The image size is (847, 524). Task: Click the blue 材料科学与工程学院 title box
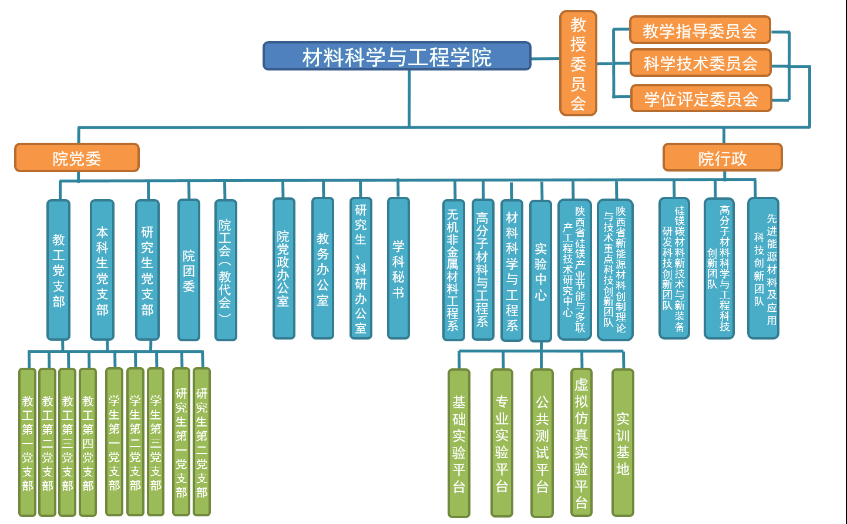[x=396, y=56]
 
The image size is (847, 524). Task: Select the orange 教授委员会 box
[x=578, y=63]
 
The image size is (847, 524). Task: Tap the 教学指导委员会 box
[x=700, y=30]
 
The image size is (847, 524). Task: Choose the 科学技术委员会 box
[x=700, y=63]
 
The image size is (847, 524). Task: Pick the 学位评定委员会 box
[x=701, y=99]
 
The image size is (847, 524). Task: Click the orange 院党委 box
[x=77, y=158]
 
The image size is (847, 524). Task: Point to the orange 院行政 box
[x=722, y=158]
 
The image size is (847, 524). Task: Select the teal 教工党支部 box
[x=59, y=270]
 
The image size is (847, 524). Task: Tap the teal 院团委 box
[x=189, y=270]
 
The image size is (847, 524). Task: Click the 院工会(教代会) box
[x=226, y=270]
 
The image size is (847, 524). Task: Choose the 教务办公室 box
[x=322, y=269]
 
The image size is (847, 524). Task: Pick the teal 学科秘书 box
[x=398, y=269]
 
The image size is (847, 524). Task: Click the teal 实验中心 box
[x=540, y=271]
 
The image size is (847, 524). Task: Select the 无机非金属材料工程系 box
[x=453, y=270]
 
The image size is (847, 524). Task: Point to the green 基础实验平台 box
[x=459, y=443]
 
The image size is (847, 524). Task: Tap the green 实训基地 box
[x=623, y=443]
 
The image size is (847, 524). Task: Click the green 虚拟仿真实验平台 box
[x=582, y=443]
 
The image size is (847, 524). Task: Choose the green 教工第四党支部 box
[x=88, y=442]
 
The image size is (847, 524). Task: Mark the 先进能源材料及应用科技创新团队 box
[x=763, y=268]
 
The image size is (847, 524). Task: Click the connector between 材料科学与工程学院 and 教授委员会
[x=545, y=58]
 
